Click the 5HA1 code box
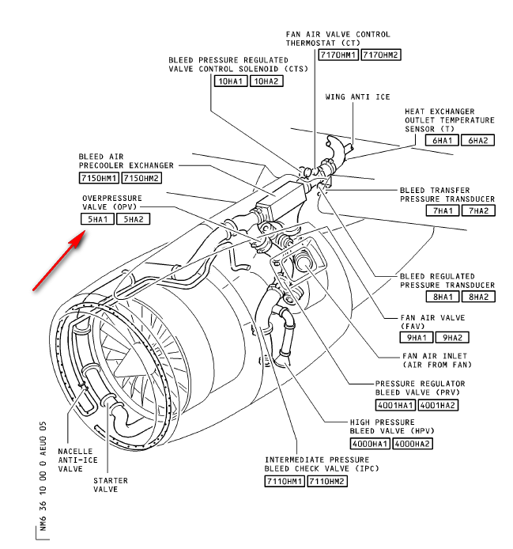[97, 219]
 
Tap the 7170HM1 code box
[338, 55]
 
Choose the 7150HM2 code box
[142, 177]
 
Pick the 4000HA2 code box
[413, 443]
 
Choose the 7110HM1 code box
[285, 481]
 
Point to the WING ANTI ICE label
[357, 97]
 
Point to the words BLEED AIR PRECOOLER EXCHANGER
[126, 161]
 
